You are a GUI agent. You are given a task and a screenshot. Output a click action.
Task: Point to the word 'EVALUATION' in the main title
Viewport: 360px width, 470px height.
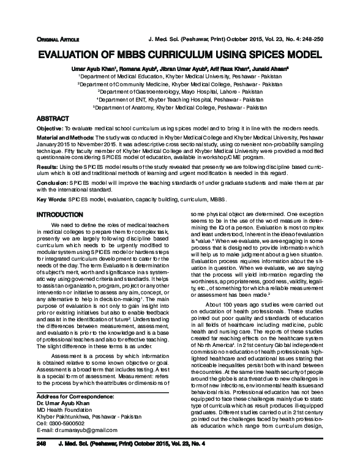71,54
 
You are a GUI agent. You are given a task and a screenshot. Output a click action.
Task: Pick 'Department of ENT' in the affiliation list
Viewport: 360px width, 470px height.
128,98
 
